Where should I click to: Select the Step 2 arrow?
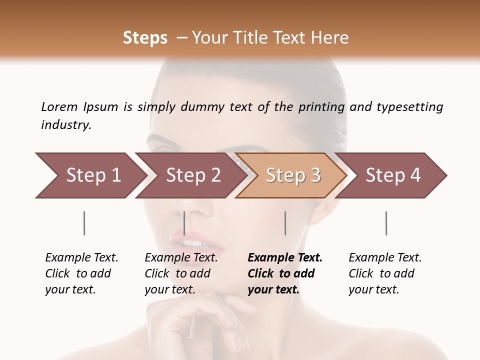pos(190,175)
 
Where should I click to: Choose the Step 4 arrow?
pos(392,175)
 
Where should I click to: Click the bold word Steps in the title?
pos(145,38)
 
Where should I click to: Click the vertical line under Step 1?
pos(84,223)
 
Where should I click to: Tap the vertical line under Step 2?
pos(185,223)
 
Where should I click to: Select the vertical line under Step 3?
pos(285,223)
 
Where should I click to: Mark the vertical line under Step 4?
pos(386,223)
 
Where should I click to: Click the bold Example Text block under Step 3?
pos(285,273)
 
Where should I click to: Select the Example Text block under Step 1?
pos(81,273)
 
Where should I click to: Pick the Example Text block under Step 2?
pos(181,273)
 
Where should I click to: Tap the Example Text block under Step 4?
pos(385,273)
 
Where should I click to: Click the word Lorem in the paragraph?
pos(59,107)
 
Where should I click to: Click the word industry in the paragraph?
pos(65,125)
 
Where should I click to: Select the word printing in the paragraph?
pos(321,107)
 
